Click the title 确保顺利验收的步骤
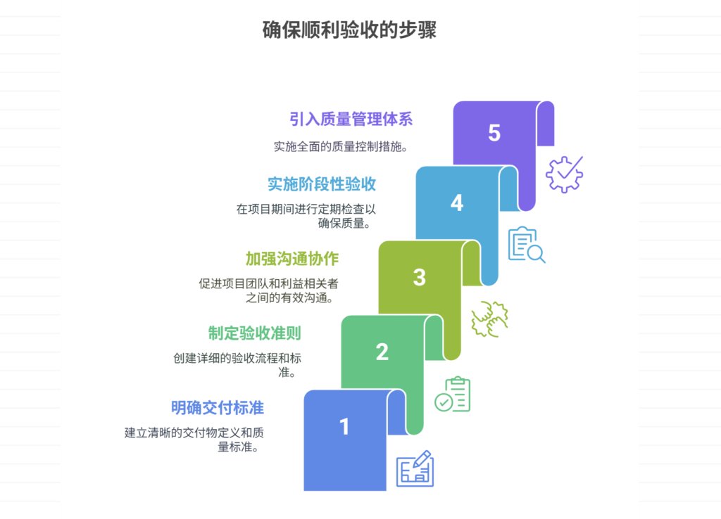349,30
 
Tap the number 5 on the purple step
494,133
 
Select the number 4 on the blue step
457,203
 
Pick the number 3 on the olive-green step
420,277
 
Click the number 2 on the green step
382,352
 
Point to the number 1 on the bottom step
344,426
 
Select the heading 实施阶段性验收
322,184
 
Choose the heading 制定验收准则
255,333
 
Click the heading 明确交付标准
218,407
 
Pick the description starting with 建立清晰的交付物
194,439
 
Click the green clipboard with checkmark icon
452,394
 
